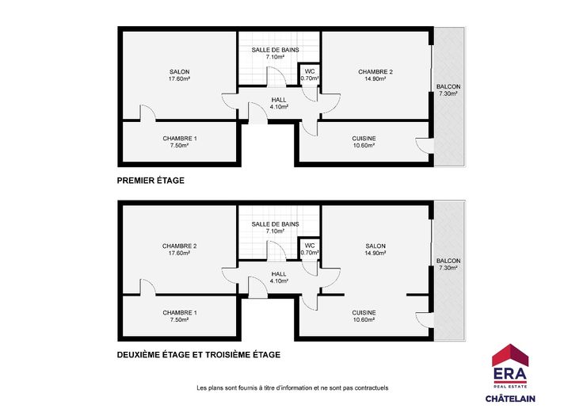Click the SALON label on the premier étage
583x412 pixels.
pos(179,72)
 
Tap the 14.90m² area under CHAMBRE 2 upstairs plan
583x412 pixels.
pos(375,78)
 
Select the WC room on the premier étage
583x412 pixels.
pos(310,74)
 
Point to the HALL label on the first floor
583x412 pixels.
pos(279,100)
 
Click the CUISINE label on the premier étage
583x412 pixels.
pos(364,139)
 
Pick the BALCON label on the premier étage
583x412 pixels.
pos(448,86)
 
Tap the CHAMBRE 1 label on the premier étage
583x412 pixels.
pos(180,139)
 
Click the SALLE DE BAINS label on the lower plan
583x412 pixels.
pos(275,224)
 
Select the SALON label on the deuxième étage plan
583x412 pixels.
pos(375,246)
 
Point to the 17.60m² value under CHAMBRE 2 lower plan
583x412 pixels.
pos(180,254)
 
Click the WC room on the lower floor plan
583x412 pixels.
pos(310,249)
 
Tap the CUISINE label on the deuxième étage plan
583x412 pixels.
pos(364,313)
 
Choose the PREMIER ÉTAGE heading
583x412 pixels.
pos(151,181)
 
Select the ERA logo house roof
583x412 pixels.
pos(510,355)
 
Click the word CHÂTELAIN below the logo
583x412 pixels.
pos(510,399)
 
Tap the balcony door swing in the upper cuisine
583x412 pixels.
pos(424,146)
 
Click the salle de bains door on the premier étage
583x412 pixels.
pos(276,77)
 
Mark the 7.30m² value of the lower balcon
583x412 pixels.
pos(448,268)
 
